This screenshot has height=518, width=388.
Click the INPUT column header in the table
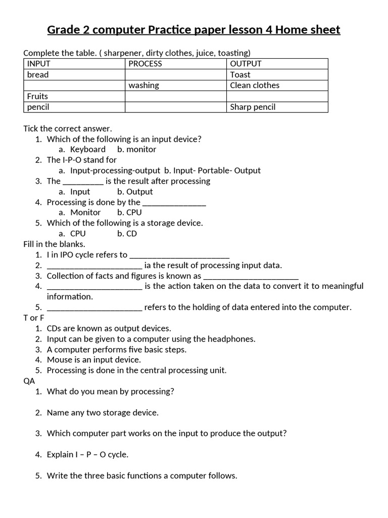pos(39,64)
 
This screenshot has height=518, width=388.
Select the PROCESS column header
pos(145,64)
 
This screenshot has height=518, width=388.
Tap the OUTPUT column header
pos(246,64)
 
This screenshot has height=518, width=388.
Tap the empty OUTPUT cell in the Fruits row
pos(277,96)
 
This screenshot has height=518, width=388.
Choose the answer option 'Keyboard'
pos(87,150)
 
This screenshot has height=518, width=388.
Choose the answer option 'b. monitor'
pos(136,150)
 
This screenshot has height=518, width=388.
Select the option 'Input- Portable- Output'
pos(217,171)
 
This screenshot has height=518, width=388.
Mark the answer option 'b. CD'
pos(127,234)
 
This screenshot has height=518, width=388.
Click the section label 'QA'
pos(29,381)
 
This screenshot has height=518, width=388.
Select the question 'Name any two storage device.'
pos(103,413)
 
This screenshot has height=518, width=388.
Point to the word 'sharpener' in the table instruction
pos(121,53)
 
